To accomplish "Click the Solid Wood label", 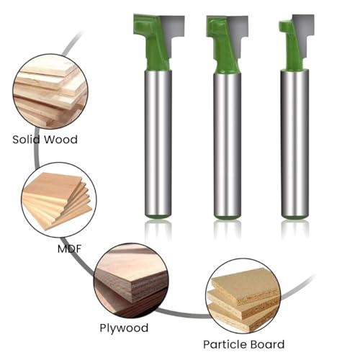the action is pos(45,140).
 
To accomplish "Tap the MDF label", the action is pos(70,249).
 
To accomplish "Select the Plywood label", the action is pos(124,328).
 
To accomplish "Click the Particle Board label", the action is pos(244,344).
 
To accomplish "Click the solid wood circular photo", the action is pos(50,91).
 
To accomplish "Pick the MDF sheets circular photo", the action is pos(59,200).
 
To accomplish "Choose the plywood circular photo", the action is pos(131,280).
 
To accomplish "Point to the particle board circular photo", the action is pos(243,296).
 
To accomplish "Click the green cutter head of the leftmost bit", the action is pos(151,41).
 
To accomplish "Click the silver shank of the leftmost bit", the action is pos(158,143).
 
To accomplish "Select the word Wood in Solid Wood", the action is pos(61,140).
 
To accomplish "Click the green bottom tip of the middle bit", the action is pos(228,217).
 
